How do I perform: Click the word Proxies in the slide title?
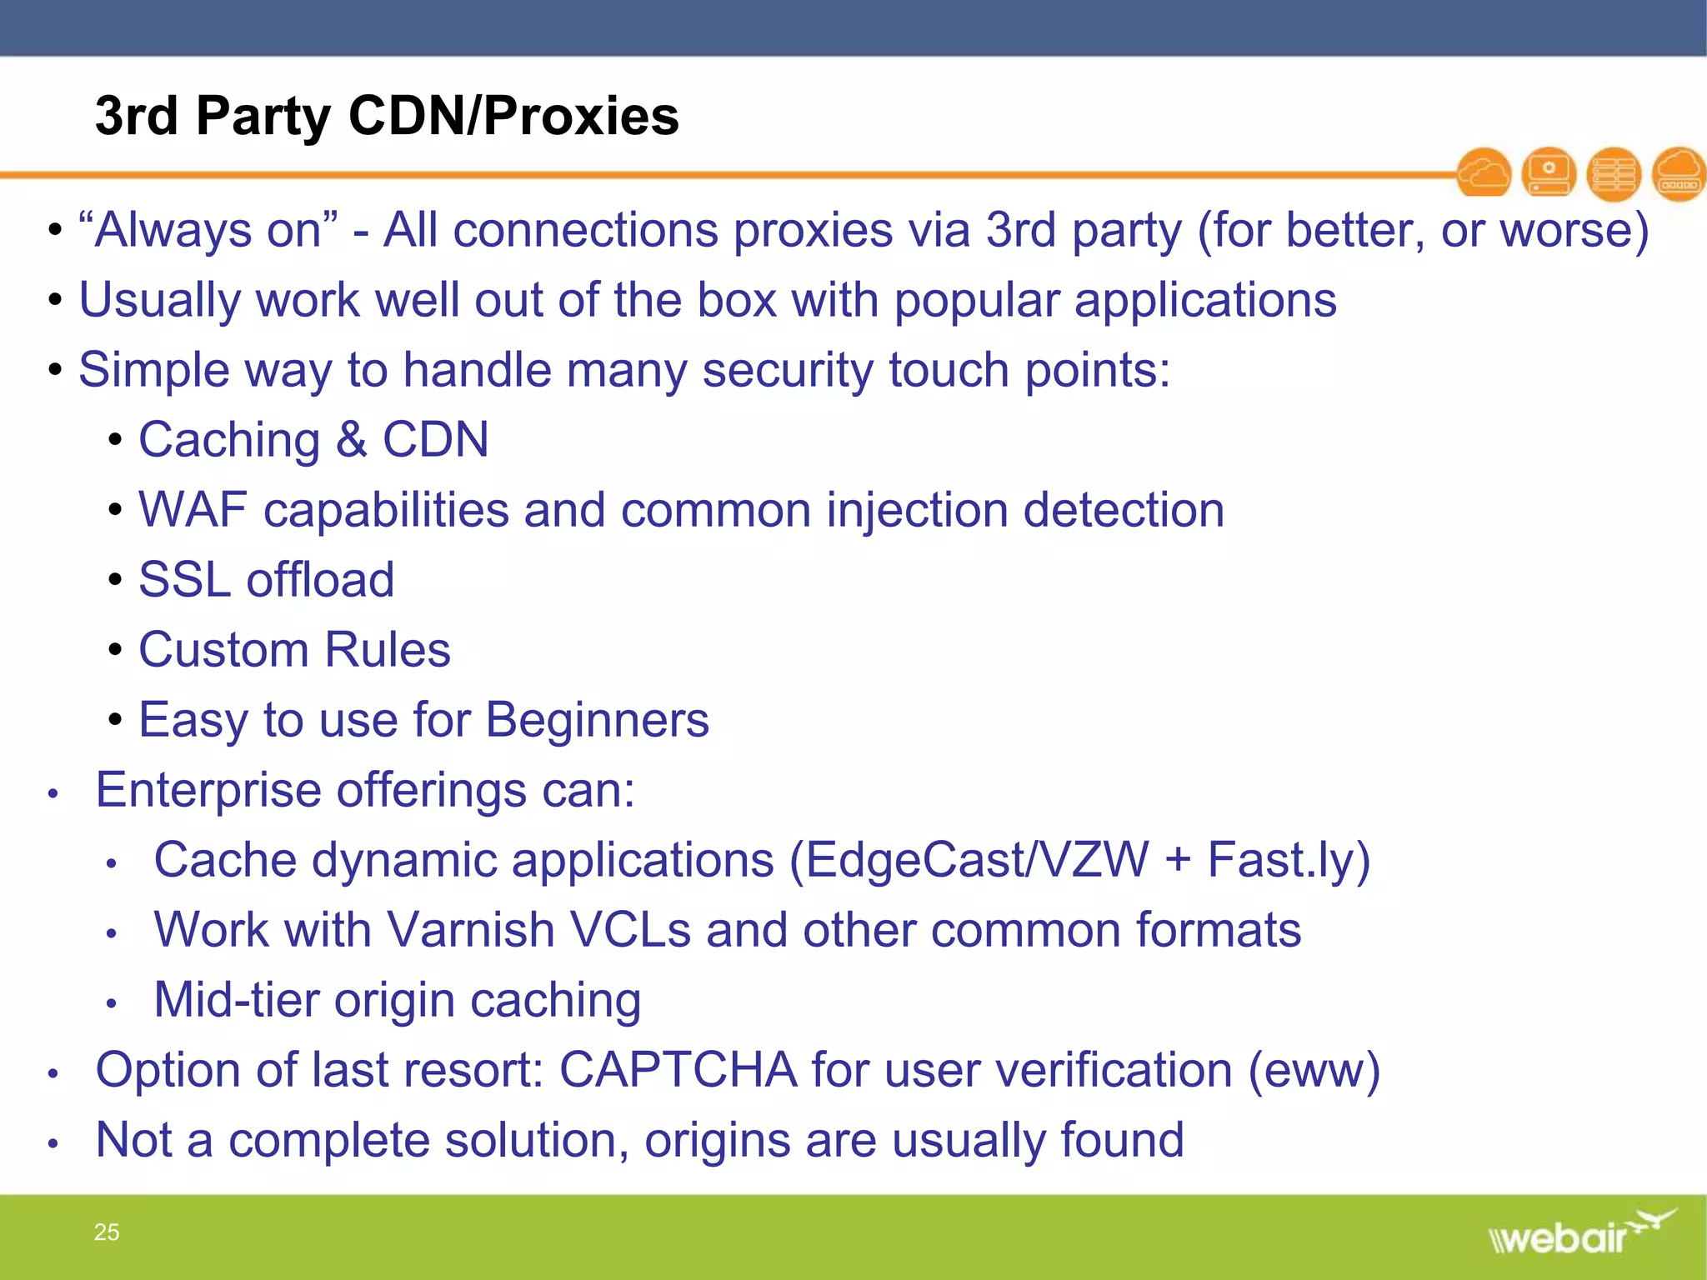coord(581,116)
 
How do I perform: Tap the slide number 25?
coord(107,1232)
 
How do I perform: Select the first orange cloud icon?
coord(1484,173)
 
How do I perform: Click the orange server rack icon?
coord(1614,173)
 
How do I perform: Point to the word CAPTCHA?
coord(678,1070)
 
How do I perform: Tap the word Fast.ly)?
coord(1289,860)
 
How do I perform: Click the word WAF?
coord(193,510)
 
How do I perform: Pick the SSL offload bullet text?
coord(266,580)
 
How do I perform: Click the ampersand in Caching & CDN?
coord(351,440)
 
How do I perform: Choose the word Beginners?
coord(597,720)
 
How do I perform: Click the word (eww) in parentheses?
coord(1314,1070)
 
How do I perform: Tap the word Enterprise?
coord(208,790)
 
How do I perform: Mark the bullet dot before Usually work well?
coord(55,300)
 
